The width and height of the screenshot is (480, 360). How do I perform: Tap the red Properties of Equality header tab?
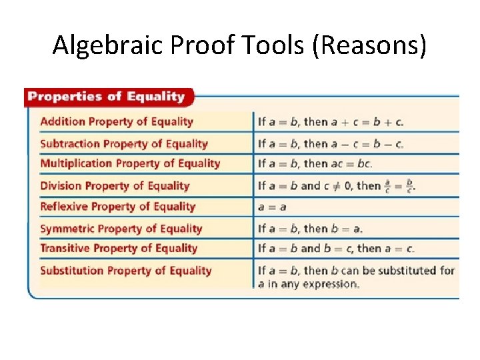107,97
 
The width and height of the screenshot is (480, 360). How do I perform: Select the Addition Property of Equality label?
117,121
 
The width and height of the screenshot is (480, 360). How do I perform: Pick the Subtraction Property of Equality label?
124,143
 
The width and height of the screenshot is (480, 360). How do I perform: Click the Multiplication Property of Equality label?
130,163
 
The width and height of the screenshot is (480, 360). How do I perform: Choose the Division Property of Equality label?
115,186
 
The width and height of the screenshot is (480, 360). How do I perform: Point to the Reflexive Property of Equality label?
118,207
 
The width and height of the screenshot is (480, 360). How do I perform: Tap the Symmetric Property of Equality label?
121,229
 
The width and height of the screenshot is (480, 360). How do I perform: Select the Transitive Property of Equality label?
119,249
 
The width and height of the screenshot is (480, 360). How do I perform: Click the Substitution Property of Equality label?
126,271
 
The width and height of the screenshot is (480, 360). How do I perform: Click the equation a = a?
273,207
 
